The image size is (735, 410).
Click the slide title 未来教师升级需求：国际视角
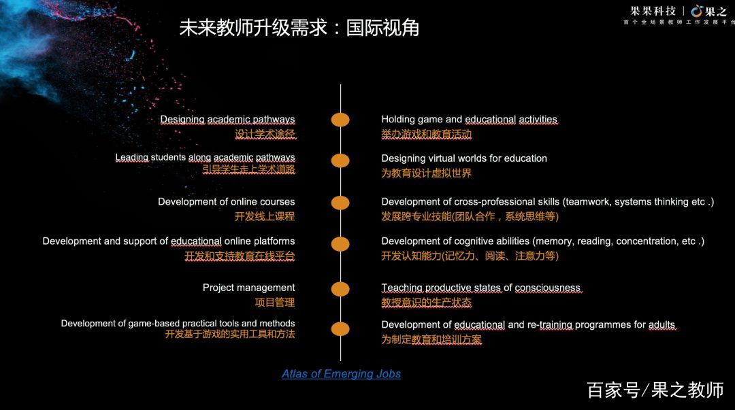pos(299,28)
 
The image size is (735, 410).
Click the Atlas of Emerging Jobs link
pos(341,374)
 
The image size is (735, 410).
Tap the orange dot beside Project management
pos(340,289)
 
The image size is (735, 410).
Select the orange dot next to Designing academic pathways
pos(340,120)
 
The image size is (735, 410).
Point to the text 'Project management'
pos(248,288)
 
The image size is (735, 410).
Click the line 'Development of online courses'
pos(226,202)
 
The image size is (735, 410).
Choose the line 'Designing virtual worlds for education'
pos(463,158)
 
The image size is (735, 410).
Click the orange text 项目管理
pos(274,303)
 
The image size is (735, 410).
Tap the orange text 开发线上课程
pos(264,217)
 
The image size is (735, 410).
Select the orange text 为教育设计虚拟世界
pos(426,173)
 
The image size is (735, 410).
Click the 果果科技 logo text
pos(653,11)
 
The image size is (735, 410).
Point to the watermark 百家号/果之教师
pos(655,390)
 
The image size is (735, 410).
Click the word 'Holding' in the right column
pos(398,120)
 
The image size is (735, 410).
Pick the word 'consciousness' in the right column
pos(548,288)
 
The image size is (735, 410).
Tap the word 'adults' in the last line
pos(661,324)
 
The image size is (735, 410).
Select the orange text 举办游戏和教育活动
pos(426,135)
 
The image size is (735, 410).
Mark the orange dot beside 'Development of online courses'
pos(340,203)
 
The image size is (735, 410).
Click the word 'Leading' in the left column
pos(131,158)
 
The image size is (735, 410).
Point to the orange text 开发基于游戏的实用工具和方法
pos(229,335)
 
